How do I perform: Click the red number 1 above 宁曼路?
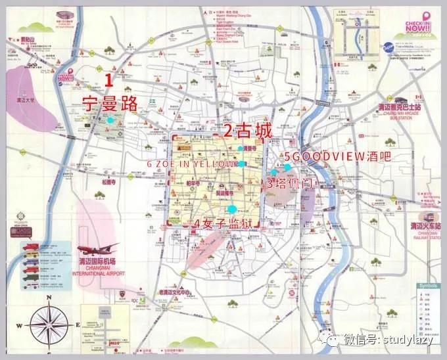[110, 82]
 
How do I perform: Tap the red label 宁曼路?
[108, 102]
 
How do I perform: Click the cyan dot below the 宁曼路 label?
[111, 121]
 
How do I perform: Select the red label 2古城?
[247, 131]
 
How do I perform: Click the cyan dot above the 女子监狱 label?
[231, 209]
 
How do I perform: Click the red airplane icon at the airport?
[99, 249]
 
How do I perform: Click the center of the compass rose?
[49, 325]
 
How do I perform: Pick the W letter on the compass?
[20, 325]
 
